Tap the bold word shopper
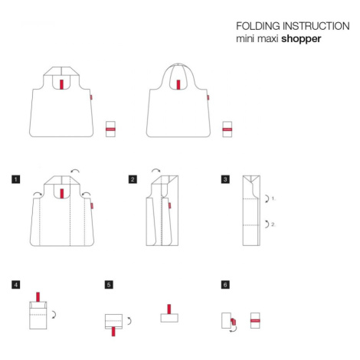(x=301, y=39)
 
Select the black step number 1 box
(x=16, y=179)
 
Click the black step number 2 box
(x=133, y=179)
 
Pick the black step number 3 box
(x=225, y=179)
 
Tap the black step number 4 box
(x=16, y=285)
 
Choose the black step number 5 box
(x=109, y=285)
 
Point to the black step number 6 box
(x=225, y=285)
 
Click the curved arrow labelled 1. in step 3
(x=268, y=198)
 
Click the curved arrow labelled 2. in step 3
(x=268, y=224)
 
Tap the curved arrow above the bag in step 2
(x=156, y=170)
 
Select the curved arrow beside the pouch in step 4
(x=55, y=314)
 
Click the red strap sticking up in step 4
(x=38, y=297)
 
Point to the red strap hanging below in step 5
(x=113, y=332)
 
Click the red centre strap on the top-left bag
(x=61, y=84)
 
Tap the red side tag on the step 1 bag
(x=92, y=206)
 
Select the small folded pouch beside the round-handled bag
(x=227, y=129)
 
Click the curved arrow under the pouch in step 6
(x=234, y=329)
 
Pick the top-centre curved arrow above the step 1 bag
(x=75, y=171)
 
